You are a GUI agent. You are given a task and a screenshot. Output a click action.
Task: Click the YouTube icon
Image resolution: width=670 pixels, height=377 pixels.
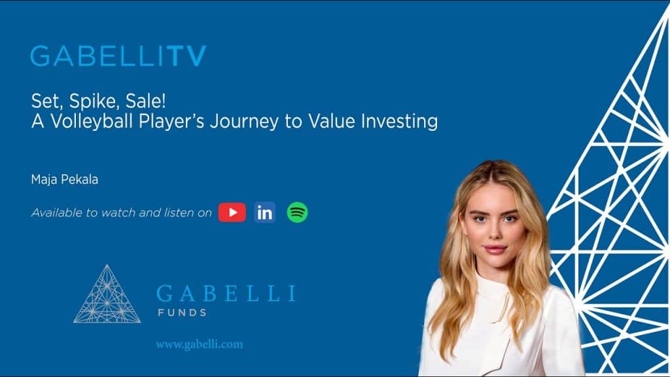pyautogui.click(x=232, y=212)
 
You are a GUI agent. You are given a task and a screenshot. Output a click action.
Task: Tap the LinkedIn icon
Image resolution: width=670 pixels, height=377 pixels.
pyautogui.click(x=265, y=212)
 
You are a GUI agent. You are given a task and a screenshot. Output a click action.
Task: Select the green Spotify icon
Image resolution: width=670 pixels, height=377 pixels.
pyautogui.click(x=298, y=212)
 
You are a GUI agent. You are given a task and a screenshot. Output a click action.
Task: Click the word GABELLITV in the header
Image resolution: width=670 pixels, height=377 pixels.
pyautogui.click(x=118, y=56)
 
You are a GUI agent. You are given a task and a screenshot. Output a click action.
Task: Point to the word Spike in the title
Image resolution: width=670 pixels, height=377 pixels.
pyautogui.click(x=84, y=101)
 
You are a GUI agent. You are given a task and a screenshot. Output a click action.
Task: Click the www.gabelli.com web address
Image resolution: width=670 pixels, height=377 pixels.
pyautogui.click(x=199, y=344)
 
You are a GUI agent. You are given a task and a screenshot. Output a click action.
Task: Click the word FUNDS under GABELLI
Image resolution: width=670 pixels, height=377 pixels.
pyautogui.click(x=182, y=313)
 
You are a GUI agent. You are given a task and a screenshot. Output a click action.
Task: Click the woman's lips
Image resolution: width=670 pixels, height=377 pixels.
pyautogui.click(x=494, y=249)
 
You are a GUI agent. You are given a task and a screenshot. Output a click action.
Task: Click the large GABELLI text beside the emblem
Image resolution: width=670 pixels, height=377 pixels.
pyautogui.click(x=226, y=293)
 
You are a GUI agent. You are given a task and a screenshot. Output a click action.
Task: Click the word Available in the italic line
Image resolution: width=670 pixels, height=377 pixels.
pyautogui.click(x=56, y=213)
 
